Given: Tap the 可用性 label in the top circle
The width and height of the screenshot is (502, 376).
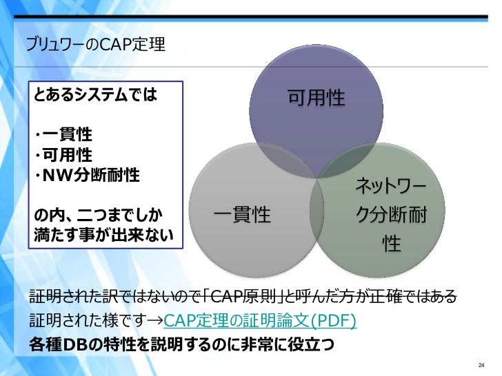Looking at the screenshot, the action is point(316,98).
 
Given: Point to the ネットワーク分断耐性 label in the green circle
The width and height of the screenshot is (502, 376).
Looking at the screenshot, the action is point(390,214).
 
